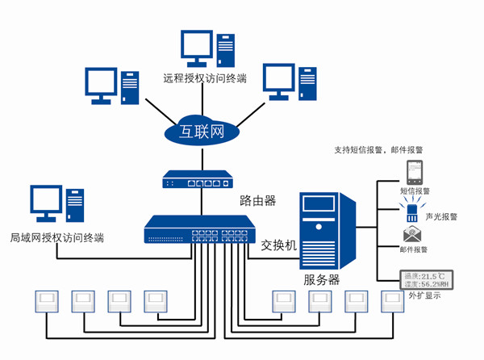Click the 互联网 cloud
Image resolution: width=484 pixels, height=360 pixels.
click(x=203, y=131)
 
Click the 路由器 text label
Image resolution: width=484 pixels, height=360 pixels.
click(x=258, y=199)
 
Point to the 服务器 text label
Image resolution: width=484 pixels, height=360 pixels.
click(x=322, y=280)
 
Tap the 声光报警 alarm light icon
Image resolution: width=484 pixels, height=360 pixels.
click(x=411, y=211)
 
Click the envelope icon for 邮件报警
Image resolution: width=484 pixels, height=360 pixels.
click(x=412, y=235)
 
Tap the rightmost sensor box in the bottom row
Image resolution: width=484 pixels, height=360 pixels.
click(x=393, y=303)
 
